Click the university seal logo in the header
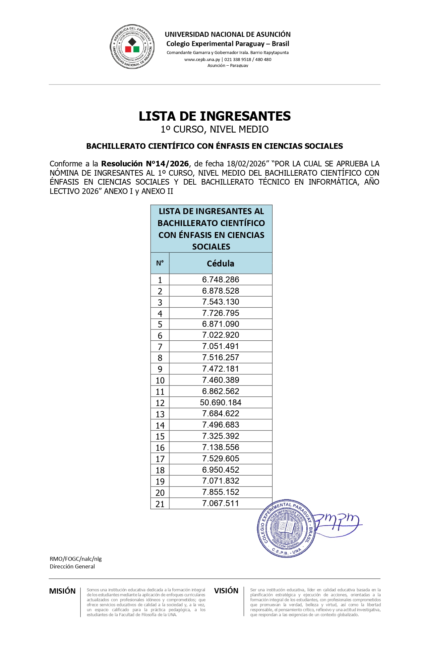coord(132,47)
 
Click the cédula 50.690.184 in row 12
coord(220,402)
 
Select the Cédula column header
coord(220,264)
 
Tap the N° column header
coord(160,263)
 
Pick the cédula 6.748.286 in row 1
coord(220,279)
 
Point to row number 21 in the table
coord(160,504)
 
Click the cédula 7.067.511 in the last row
coord(220,503)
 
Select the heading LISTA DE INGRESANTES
coord(214,116)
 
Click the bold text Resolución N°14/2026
coord(145,164)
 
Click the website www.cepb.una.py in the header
coord(202,60)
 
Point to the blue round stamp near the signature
coord(285,528)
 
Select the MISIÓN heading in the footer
coord(62,591)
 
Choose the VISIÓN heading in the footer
coord(226,591)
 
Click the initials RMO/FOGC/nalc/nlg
coord(76,559)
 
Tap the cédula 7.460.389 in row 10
coord(220,380)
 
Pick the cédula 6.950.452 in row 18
coord(220,470)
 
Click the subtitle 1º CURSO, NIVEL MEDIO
coord(214,129)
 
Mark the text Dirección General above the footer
coord(72,566)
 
